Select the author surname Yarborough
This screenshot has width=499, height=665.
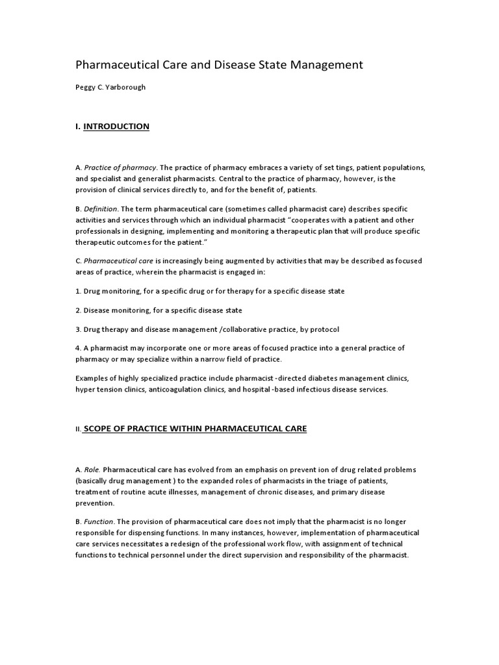(123, 87)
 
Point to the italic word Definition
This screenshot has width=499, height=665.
(101, 208)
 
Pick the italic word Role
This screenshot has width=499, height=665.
(92, 469)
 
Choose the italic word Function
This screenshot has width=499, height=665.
(99, 521)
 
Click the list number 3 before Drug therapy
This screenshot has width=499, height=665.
(77, 329)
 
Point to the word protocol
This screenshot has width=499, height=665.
(323, 329)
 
